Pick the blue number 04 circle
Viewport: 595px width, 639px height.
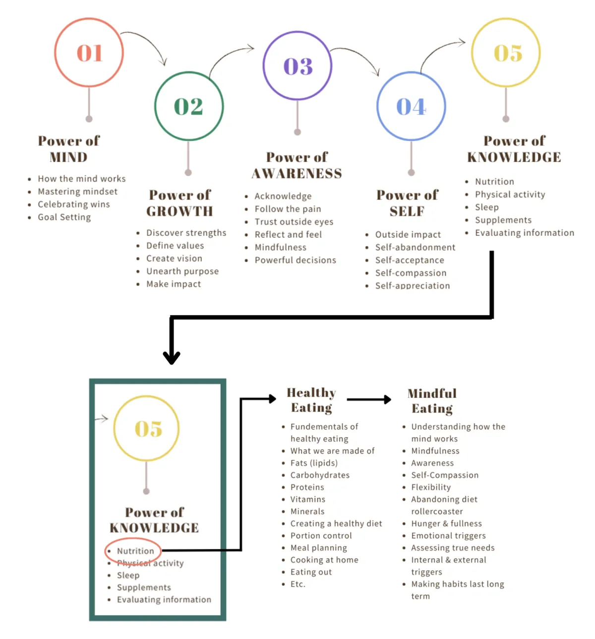(x=377, y=106)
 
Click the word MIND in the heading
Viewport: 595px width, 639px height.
(x=68, y=157)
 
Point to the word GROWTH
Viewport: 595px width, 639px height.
(x=179, y=212)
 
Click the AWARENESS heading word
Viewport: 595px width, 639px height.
(x=297, y=174)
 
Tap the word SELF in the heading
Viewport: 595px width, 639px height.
(x=407, y=212)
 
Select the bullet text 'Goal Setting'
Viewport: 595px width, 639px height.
(x=64, y=217)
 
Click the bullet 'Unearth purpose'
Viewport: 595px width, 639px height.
(x=182, y=271)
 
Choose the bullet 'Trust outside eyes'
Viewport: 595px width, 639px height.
(x=294, y=221)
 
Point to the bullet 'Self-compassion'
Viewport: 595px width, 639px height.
(x=411, y=273)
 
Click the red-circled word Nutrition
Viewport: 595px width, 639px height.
(x=135, y=551)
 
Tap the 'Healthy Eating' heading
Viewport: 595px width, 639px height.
(x=311, y=400)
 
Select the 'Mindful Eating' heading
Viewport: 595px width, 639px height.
(x=432, y=401)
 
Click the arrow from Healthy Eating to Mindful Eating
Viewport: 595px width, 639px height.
(x=369, y=400)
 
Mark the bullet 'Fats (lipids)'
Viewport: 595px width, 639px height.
(x=314, y=463)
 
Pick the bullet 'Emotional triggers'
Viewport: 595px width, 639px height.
(x=448, y=536)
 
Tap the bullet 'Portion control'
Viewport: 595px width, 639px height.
(x=321, y=536)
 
